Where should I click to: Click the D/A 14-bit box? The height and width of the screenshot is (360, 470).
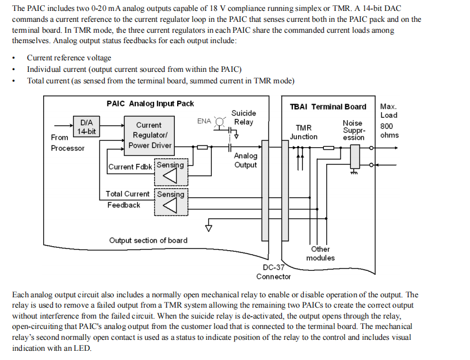click(87, 127)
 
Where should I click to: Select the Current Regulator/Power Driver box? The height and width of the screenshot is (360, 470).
click(148, 135)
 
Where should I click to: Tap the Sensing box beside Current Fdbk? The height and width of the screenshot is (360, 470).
click(171, 171)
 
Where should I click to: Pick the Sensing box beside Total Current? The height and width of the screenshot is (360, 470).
click(171, 201)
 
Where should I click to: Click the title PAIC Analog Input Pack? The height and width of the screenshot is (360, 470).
click(150, 104)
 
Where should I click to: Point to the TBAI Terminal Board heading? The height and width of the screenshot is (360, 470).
click(327, 106)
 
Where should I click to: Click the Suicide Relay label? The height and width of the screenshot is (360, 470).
click(243, 117)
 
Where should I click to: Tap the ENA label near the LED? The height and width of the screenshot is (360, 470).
click(204, 121)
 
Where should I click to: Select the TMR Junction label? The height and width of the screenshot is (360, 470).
click(303, 132)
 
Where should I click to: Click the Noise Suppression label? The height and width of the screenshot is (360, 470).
click(353, 131)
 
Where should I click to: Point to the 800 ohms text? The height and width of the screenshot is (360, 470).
click(389, 131)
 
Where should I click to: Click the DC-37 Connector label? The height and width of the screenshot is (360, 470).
click(273, 272)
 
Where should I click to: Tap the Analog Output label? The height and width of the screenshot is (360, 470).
click(246, 160)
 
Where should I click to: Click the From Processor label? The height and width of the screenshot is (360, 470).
click(67, 143)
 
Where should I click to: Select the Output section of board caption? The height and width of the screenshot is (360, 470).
click(148, 240)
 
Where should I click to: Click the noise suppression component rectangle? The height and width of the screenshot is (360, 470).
click(354, 156)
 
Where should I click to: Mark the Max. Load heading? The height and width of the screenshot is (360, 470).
click(388, 110)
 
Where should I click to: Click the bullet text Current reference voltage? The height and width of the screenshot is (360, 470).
click(69, 58)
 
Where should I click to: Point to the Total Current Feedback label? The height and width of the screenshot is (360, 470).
click(127, 200)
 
